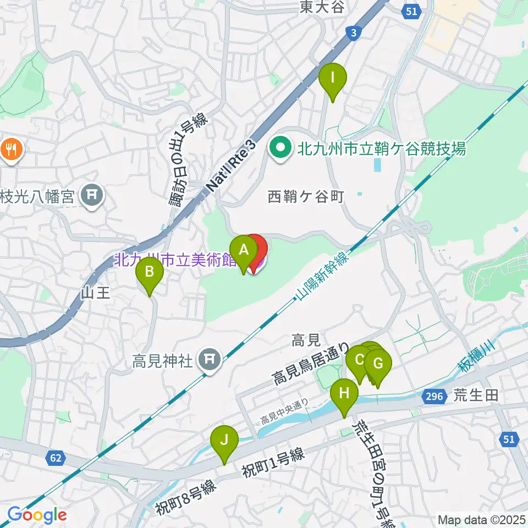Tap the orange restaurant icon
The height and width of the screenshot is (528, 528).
tap(10, 148)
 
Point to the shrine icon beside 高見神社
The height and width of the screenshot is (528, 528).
tap(209, 360)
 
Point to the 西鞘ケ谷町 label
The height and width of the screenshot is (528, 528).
tap(306, 196)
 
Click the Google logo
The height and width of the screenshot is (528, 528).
tap(37, 515)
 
